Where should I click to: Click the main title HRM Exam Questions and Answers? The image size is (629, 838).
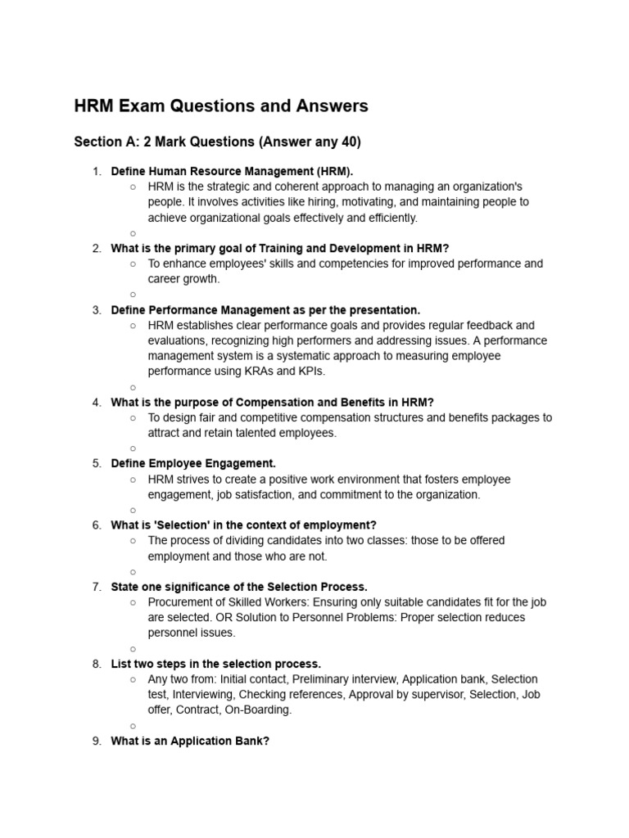coord(221,106)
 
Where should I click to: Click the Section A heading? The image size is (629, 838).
coord(217,142)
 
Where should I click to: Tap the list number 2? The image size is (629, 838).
coord(97,248)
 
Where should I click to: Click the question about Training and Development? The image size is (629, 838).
coord(280,248)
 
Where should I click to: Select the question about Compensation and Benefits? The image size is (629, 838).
coord(272,402)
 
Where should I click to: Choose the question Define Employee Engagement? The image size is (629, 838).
coord(193,463)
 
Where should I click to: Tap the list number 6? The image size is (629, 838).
coord(97,525)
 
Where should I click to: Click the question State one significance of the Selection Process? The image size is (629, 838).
coord(239,587)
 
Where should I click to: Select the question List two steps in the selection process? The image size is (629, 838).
coord(215,664)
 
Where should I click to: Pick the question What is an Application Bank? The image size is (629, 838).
coord(190,741)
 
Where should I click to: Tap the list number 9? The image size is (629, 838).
coord(97,741)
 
